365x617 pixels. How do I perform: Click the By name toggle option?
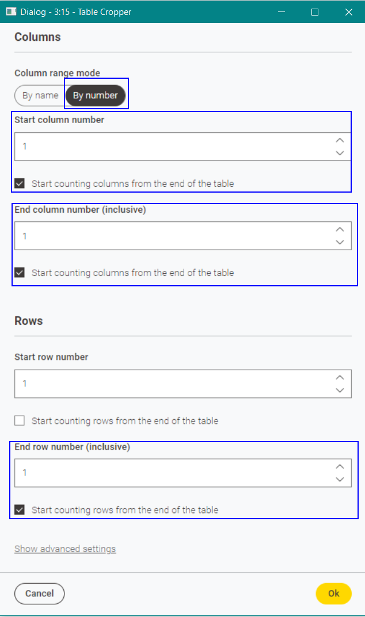[40, 95]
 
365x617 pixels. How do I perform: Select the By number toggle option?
[95, 95]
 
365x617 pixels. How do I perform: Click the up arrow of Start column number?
[340, 140]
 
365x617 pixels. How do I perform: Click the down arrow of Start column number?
[340, 153]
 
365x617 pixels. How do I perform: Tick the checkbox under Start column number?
[20, 183]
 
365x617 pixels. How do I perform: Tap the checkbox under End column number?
[20, 273]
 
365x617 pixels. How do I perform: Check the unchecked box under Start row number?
[20, 420]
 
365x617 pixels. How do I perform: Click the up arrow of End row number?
[340, 466]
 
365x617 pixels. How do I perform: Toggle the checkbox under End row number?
[20, 509]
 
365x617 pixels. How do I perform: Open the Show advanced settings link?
[65, 549]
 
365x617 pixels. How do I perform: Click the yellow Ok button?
[333, 593]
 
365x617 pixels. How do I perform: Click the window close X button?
[348, 12]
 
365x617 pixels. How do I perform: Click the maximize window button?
[315, 12]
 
